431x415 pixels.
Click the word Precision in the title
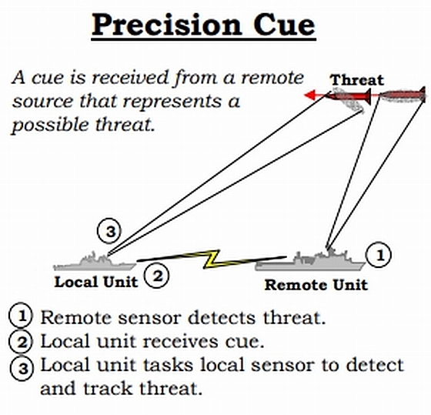click(166, 25)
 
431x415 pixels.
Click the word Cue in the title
click(284, 25)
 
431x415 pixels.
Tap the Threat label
click(357, 80)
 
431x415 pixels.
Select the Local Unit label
click(96, 282)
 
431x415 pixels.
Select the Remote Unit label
click(316, 285)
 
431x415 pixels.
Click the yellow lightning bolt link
click(212, 259)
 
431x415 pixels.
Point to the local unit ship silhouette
click(95, 262)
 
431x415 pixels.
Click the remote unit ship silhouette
click(311, 260)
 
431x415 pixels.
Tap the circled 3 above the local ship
click(109, 231)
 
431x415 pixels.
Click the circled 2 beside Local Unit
click(157, 276)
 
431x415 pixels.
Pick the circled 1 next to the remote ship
click(379, 255)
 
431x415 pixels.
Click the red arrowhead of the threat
click(309, 95)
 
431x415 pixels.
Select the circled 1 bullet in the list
click(21, 316)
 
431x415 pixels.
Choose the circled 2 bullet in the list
click(21, 341)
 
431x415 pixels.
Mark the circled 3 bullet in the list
click(22, 368)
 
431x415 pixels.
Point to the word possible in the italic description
click(50, 126)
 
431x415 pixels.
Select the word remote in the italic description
click(272, 78)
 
